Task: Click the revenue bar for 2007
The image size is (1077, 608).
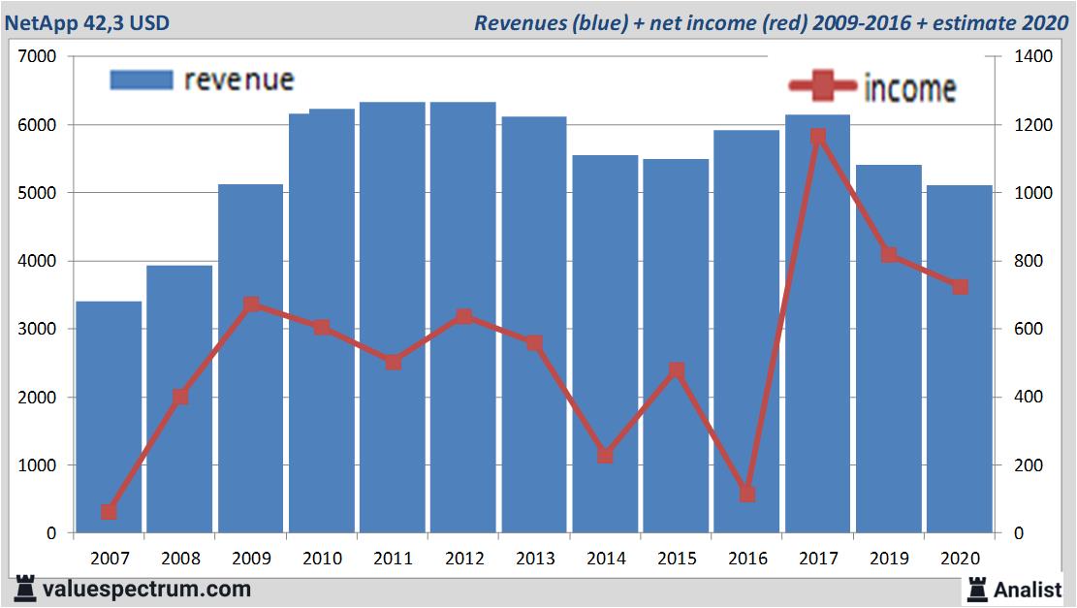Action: click(x=109, y=417)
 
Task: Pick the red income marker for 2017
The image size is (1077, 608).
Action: click(x=818, y=137)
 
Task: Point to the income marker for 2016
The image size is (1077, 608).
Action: click(x=746, y=494)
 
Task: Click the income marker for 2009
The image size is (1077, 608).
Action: click(x=251, y=304)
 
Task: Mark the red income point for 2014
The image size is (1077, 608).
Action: click(x=605, y=455)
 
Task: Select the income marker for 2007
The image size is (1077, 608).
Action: click(x=109, y=511)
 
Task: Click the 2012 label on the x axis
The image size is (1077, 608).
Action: click(x=463, y=559)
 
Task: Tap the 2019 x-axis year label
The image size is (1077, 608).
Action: click(x=889, y=559)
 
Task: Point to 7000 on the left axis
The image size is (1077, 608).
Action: click(x=38, y=57)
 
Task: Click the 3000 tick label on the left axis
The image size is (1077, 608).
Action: click(x=38, y=330)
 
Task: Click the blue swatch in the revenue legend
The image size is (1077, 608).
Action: click(x=142, y=80)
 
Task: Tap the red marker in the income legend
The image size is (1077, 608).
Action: click(x=823, y=87)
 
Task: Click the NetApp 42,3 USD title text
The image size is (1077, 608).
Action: click(x=88, y=22)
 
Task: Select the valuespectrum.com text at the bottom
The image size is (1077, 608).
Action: click(x=145, y=589)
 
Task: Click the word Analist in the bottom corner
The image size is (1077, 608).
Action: click(x=1028, y=589)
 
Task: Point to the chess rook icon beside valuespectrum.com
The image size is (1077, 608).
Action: click(x=23, y=589)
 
